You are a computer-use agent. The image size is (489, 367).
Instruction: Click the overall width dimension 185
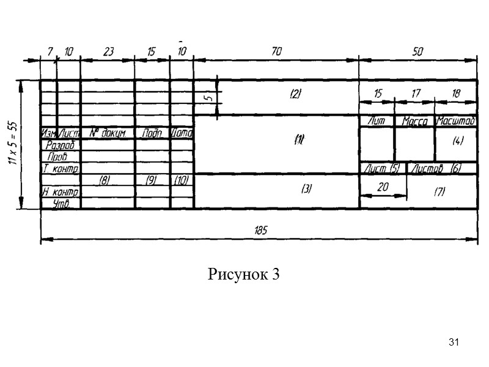(260, 230)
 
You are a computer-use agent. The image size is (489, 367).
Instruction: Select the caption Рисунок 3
(244, 275)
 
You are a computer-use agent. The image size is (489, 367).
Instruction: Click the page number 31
(454, 341)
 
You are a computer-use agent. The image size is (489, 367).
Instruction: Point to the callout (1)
(299, 139)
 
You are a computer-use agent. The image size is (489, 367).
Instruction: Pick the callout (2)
(295, 94)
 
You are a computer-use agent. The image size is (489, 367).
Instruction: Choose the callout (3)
(306, 190)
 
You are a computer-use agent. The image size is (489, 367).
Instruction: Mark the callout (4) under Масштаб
(458, 141)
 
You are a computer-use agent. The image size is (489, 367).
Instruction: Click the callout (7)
(439, 192)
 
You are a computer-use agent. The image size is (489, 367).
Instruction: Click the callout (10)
(181, 180)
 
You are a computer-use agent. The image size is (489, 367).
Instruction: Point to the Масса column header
(414, 122)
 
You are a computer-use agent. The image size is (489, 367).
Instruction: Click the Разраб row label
(61, 145)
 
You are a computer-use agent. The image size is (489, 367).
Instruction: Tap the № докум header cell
(107, 133)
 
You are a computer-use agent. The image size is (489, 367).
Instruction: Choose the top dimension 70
(276, 53)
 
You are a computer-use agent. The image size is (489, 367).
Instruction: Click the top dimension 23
(108, 53)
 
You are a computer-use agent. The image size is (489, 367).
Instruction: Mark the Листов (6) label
(434, 168)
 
